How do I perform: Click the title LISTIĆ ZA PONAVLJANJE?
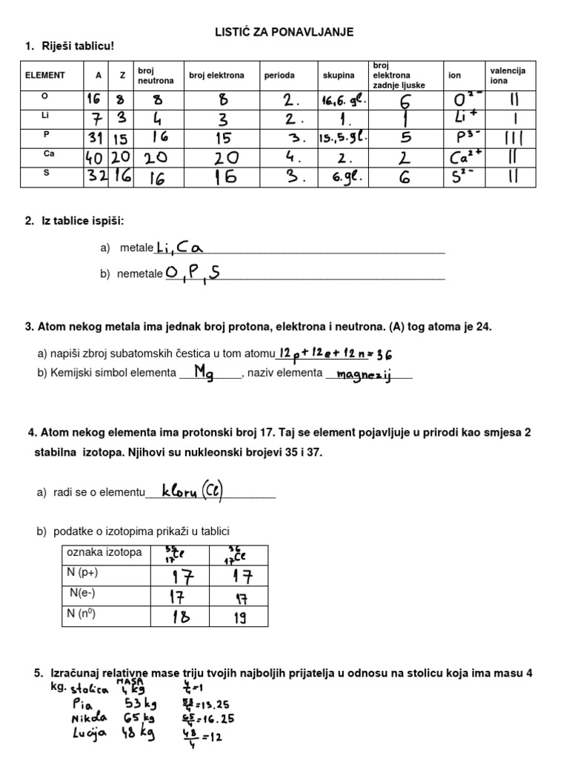coord(284,32)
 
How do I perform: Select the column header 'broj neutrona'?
coord(156,75)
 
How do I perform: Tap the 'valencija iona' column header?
coord(508,75)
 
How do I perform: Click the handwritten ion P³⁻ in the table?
coord(465,138)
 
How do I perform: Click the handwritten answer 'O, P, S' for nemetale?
coord(193,274)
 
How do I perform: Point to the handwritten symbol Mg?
coord(204,372)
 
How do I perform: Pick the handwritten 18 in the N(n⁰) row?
coord(182,616)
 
